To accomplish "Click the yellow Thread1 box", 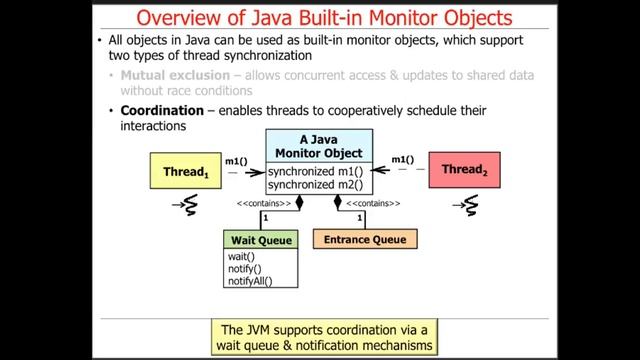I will [x=185, y=171].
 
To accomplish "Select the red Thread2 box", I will [x=463, y=171].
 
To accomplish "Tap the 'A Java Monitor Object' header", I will [x=317, y=146].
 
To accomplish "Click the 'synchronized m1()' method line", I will [x=314, y=171].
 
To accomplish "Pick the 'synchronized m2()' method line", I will [x=314, y=184].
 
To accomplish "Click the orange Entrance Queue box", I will [x=365, y=240].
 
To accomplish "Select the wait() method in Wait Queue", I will [x=242, y=257].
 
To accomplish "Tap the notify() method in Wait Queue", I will [x=245, y=269].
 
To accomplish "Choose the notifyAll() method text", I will [x=250, y=281].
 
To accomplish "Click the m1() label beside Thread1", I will [x=237, y=160].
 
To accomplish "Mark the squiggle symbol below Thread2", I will [x=466, y=206].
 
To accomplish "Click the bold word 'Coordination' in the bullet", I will [x=163, y=111].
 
